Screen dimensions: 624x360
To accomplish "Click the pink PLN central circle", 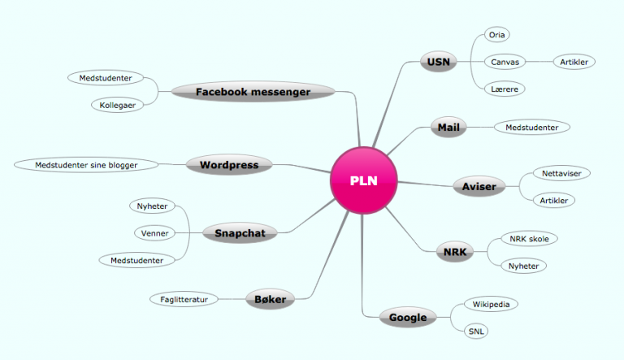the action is click(364, 180).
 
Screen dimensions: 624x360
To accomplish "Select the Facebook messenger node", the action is click(253, 92).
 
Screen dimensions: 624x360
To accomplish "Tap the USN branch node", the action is click(439, 62).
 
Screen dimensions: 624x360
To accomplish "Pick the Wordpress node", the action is click(229, 165).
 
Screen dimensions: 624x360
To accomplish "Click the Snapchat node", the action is click(240, 233).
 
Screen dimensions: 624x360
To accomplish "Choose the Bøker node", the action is click(271, 299).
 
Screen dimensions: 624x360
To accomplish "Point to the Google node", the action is click(408, 318).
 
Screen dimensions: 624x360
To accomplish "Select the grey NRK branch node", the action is click(455, 252).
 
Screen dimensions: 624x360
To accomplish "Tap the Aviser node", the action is click(479, 186).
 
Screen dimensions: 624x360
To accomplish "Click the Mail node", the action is click(448, 127).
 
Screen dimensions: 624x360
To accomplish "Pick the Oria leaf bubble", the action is click(497, 35).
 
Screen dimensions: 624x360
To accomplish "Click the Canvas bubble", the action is click(505, 62).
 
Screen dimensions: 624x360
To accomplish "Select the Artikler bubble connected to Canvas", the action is click(574, 62).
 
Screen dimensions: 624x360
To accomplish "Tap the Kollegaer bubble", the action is click(117, 105).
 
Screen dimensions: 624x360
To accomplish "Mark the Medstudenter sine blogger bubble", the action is click(86, 165).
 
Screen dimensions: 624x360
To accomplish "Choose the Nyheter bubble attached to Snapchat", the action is click(153, 206).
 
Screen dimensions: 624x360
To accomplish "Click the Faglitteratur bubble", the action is click(184, 299).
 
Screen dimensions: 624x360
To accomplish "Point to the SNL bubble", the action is click(476, 331).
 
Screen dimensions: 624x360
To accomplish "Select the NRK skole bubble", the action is click(529, 239).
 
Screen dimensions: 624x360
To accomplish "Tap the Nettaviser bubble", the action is click(562, 173).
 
